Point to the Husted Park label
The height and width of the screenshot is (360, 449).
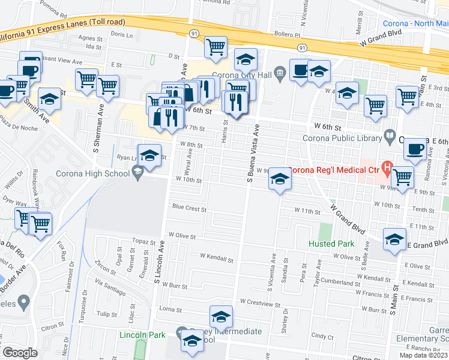pos(331,244)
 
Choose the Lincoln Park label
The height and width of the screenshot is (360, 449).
pos(141,334)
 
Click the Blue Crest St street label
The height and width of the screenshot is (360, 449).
pos(189,209)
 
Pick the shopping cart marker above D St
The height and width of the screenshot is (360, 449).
pos(215,47)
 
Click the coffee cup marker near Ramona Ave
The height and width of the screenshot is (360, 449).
pos(414,149)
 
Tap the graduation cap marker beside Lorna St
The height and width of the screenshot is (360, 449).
pos(221,316)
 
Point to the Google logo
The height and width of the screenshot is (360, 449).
pos(19,352)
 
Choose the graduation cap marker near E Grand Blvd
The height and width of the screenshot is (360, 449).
pos(394,238)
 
